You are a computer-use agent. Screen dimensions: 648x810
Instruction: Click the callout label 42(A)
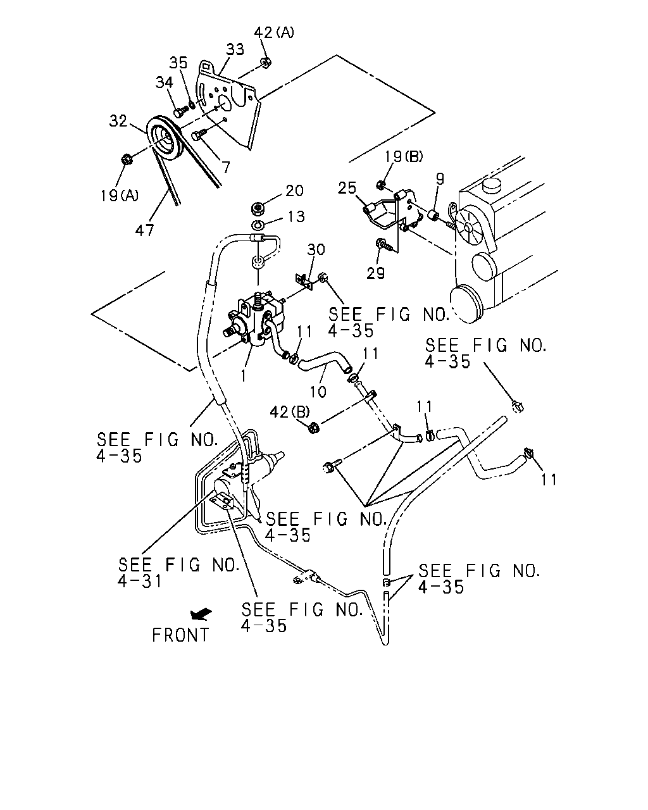274,32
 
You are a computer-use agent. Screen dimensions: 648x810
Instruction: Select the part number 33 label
235,49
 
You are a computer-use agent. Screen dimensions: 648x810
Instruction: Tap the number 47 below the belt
144,230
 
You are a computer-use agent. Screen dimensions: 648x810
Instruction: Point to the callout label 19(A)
120,196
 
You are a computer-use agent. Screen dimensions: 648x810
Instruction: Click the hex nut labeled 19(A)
126,159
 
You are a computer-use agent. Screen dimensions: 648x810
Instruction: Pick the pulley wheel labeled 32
165,140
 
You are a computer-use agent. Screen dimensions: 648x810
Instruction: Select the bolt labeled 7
199,135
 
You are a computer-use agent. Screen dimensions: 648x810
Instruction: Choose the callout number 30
316,249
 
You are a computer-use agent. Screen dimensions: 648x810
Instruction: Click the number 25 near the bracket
347,187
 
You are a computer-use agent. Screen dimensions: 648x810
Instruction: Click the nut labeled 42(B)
314,428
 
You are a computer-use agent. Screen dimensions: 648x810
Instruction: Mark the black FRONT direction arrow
201,614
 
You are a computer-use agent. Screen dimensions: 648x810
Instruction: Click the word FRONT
180,635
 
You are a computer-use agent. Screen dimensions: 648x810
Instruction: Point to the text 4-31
140,581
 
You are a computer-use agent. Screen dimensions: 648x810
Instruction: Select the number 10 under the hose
318,392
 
